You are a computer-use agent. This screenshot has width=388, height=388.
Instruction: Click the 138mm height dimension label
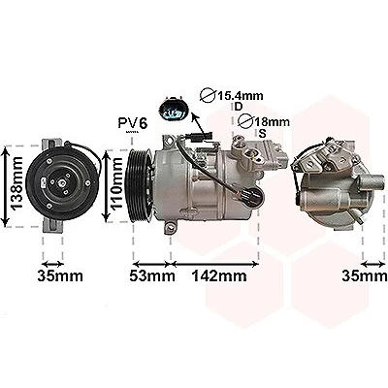click(16, 182)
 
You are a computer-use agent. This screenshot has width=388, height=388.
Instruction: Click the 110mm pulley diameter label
click(116, 183)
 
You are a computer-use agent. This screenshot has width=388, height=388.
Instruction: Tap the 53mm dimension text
click(152, 276)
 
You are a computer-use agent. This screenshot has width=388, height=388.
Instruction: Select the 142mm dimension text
click(219, 276)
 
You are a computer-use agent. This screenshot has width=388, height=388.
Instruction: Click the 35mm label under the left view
click(60, 276)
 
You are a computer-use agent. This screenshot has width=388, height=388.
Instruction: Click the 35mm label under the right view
click(365, 276)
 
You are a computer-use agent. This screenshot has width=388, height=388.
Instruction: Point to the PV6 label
click(133, 123)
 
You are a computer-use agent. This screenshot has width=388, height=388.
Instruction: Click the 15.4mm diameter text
click(240, 96)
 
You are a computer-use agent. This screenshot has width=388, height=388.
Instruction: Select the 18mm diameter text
click(272, 122)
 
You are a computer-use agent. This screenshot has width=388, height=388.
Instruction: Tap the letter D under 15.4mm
click(239, 106)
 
